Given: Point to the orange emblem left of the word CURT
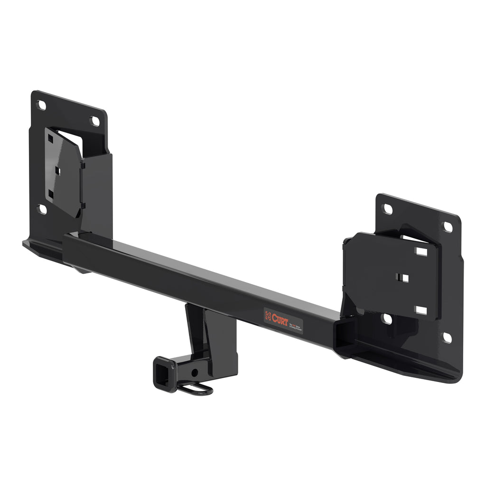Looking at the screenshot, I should click(x=268, y=316).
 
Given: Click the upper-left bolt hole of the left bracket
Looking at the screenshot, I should click(x=42, y=105).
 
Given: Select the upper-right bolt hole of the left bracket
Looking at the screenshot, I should click(x=95, y=121).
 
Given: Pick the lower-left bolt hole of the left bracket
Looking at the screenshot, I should click(x=42, y=209).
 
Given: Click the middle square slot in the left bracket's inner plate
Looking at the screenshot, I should click(x=56, y=168).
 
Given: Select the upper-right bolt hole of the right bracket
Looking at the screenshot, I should click(x=448, y=227).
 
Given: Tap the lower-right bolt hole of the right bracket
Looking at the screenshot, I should click(x=447, y=337).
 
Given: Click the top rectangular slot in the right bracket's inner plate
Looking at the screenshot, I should click(x=421, y=251).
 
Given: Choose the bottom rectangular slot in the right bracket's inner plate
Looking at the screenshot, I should click(x=421, y=310).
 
